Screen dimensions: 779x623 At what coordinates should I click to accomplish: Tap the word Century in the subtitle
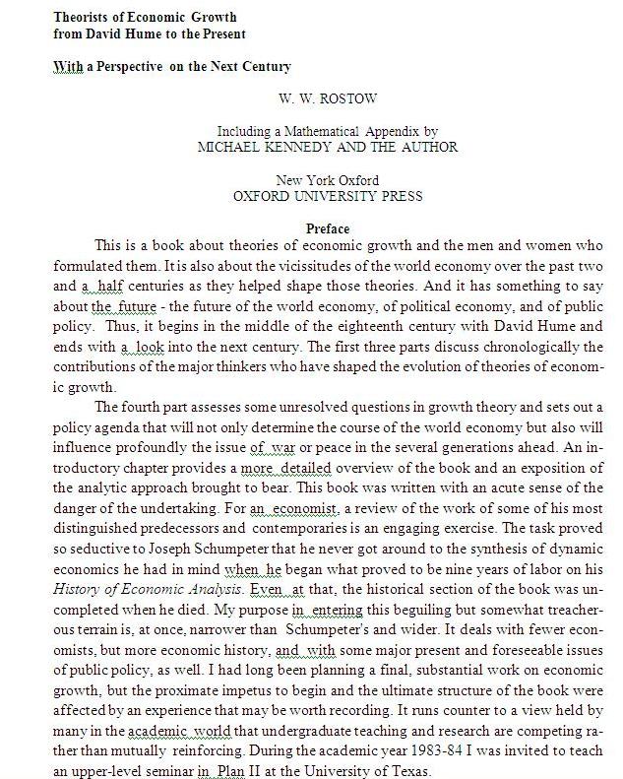click(x=263, y=66)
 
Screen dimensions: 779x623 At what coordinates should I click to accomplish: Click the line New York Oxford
click(x=328, y=179)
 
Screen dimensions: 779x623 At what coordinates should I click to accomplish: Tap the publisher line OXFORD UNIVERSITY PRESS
click(x=328, y=195)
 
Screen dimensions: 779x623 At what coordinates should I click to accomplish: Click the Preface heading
click(x=328, y=228)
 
